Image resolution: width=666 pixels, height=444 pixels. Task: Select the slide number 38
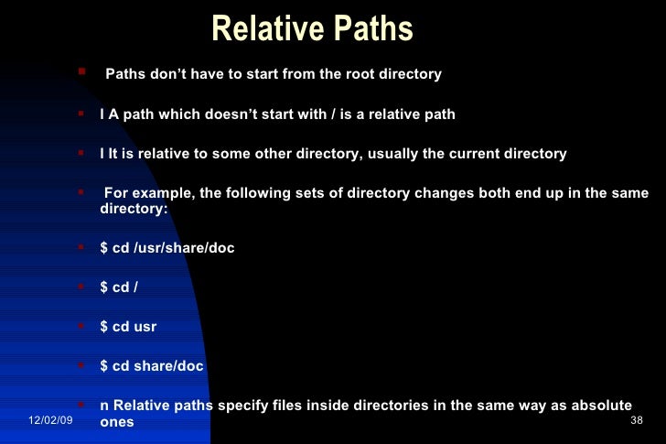[x=638, y=419]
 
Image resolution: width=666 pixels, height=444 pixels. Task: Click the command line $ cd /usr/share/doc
[x=166, y=248]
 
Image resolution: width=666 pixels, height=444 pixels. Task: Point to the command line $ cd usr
[x=128, y=326]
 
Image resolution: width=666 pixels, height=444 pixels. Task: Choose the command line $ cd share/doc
[x=152, y=366]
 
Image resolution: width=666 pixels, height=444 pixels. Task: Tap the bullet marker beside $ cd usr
[x=81, y=324]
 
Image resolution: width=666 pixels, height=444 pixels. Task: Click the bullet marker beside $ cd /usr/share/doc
[x=81, y=246]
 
